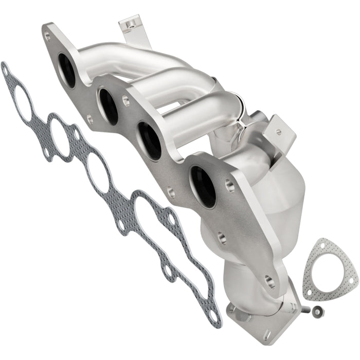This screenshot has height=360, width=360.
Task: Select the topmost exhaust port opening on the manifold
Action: coord(67,69)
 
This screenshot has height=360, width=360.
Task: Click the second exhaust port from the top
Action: coord(109,106)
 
